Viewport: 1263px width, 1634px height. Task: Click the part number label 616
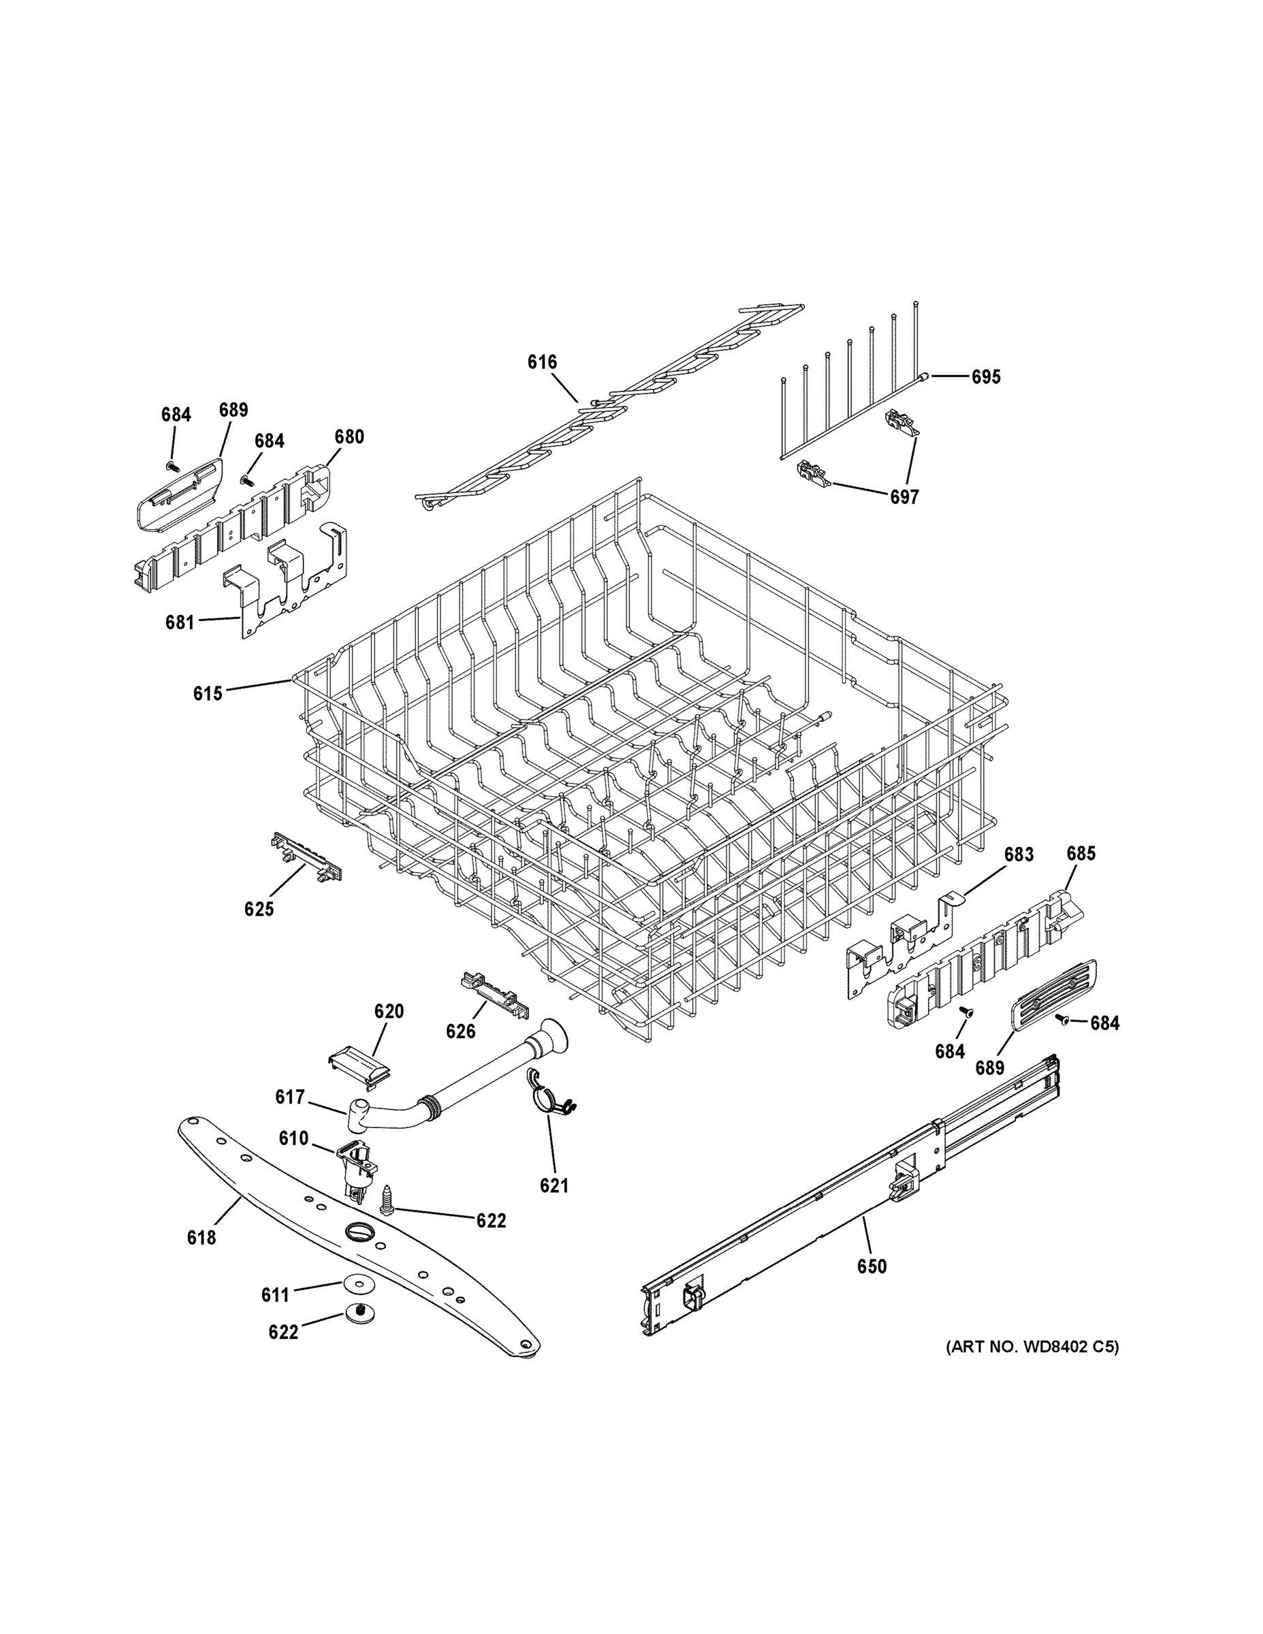[542, 362]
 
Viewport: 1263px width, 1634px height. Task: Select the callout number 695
[985, 377]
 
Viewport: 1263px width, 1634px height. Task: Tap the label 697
[904, 497]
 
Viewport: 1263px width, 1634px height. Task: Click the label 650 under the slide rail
[872, 1266]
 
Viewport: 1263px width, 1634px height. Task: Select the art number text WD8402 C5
[1033, 1347]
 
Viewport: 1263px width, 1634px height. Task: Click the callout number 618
[202, 1238]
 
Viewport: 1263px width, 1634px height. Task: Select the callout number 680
[349, 437]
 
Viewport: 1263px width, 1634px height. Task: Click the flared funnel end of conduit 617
[553, 1035]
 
